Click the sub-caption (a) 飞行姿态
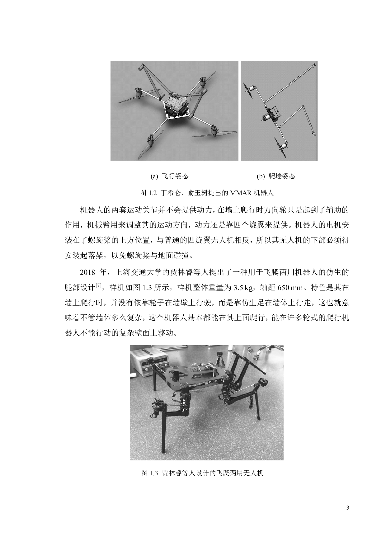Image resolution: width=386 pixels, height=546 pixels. pos(170,176)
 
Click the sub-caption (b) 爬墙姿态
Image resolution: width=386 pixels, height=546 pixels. pos(276,176)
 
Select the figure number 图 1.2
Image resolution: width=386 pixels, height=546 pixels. pos(148,193)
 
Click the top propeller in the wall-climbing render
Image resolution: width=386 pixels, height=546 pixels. pos(249,91)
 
